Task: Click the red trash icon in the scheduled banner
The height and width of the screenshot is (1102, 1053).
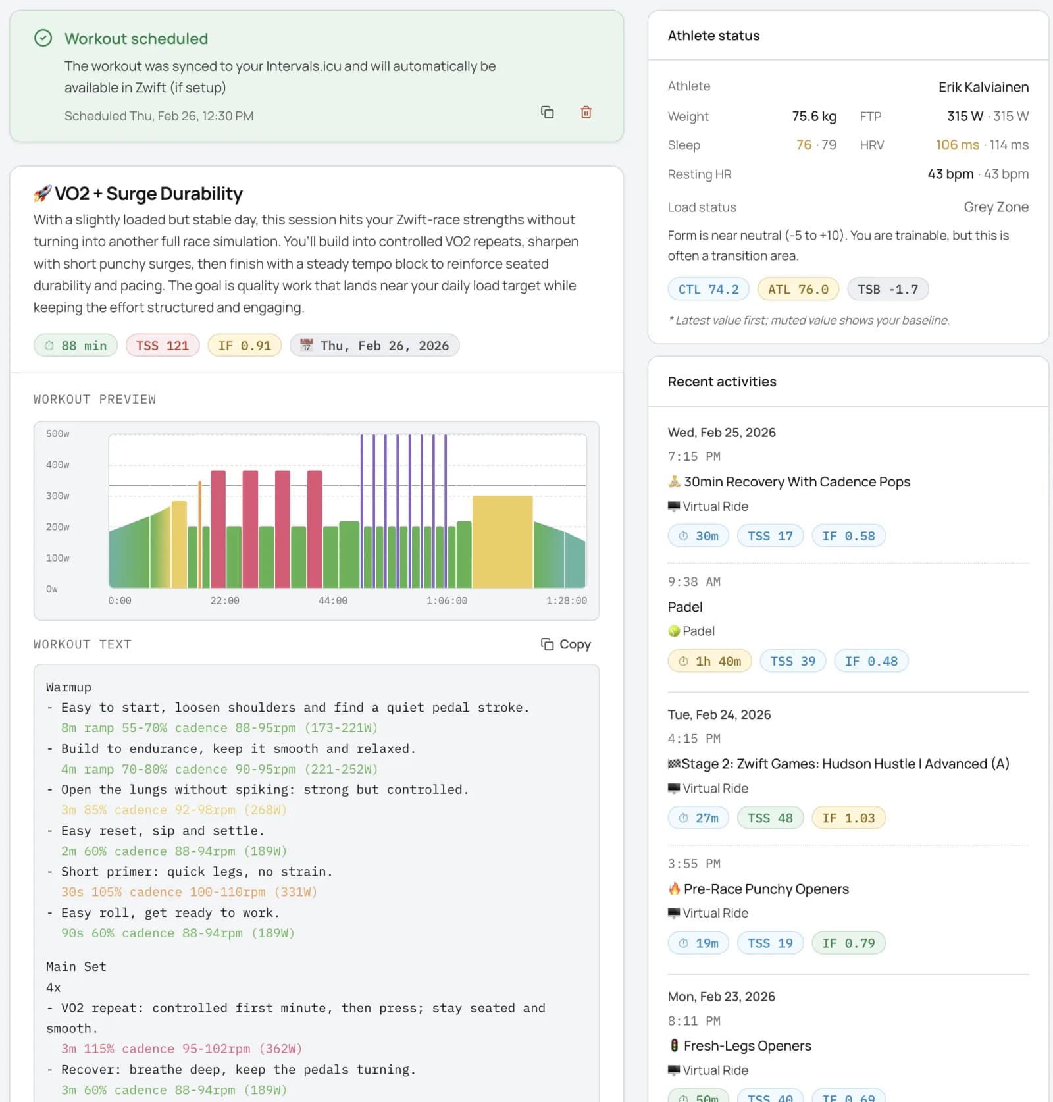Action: click(586, 112)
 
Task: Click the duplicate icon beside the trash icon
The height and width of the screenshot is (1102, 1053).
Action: click(547, 112)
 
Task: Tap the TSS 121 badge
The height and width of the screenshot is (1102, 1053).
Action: click(162, 346)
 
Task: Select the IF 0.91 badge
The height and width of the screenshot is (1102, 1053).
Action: click(244, 346)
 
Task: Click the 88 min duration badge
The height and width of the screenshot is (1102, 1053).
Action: click(76, 346)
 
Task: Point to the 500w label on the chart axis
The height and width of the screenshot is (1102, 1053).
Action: click(58, 434)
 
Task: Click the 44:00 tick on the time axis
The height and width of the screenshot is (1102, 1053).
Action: click(332, 601)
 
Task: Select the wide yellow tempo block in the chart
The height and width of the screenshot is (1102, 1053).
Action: click(502, 541)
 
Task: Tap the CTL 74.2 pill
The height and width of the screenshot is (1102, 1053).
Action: click(708, 289)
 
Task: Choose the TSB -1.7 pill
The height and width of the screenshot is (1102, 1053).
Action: click(887, 289)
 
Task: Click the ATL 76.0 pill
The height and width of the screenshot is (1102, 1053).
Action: click(798, 289)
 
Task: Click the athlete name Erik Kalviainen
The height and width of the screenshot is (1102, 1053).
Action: click(983, 87)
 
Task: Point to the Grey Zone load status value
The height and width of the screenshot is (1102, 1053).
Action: click(996, 207)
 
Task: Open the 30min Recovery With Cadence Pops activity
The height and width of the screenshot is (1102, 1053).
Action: click(796, 482)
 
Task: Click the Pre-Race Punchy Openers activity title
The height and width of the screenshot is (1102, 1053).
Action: click(765, 889)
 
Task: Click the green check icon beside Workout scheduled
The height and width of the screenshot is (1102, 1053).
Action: click(43, 38)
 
